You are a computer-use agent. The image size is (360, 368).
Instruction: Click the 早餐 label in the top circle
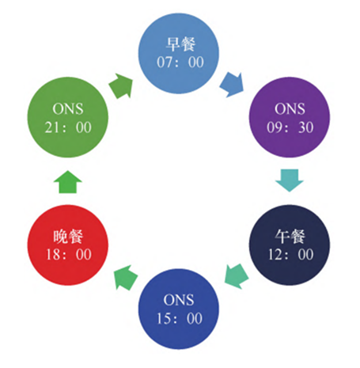[180, 44]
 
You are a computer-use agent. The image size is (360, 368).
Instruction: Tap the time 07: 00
[180, 63]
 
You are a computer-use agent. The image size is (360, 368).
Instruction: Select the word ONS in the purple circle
[290, 108]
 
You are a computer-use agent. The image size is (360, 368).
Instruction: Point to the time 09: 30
[290, 127]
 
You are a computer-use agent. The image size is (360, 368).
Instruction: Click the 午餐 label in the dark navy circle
[290, 236]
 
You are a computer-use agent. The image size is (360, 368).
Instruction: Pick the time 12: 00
[290, 255]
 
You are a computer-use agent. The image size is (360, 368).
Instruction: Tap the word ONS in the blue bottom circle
[179, 300]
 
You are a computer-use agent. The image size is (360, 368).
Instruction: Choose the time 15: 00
[180, 318]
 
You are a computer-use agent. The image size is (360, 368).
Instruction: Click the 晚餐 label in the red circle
[68, 236]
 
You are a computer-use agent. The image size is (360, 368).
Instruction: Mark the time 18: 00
[69, 255]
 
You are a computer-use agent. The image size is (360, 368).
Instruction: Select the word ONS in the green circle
[68, 108]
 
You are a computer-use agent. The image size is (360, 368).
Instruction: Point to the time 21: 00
[68, 127]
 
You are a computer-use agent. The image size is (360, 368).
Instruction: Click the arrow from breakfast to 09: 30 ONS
[232, 85]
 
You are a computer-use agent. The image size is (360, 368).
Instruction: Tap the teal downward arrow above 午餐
[290, 180]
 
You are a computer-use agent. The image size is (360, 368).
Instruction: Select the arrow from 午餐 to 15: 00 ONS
[237, 276]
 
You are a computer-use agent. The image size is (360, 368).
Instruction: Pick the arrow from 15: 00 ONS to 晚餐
[126, 278]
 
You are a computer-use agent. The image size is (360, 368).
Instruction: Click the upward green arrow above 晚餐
[68, 182]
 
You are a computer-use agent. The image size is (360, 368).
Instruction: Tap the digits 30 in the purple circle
[306, 127]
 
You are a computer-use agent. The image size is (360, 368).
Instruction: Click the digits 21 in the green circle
[51, 127]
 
